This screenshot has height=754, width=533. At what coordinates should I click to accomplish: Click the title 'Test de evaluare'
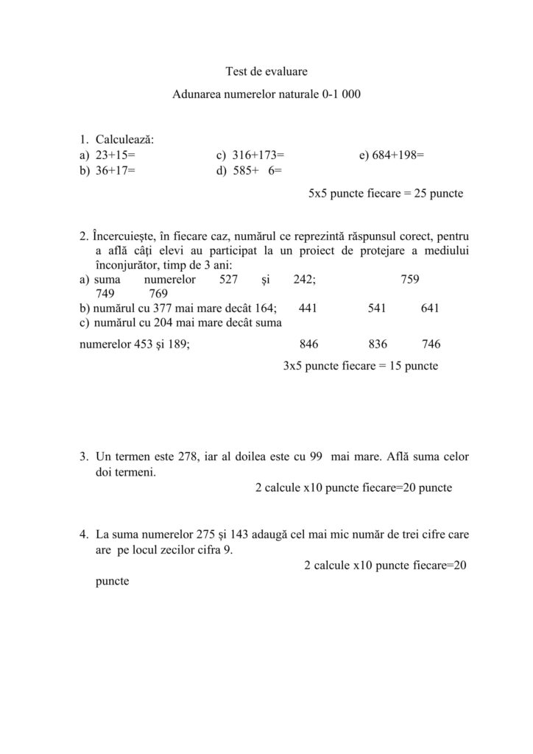click(x=266, y=71)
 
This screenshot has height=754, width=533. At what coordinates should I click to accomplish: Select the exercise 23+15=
click(x=116, y=155)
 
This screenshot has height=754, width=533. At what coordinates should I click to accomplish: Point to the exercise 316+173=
click(x=258, y=155)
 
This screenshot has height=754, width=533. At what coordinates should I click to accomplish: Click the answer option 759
click(x=410, y=280)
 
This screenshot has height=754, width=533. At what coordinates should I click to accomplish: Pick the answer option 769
click(x=158, y=294)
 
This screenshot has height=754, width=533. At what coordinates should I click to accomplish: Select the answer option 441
click(x=308, y=309)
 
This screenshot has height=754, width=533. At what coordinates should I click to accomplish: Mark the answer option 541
click(x=377, y=309)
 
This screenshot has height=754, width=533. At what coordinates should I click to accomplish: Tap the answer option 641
click(x=430, y=309)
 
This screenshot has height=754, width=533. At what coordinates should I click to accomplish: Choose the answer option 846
click(x=309, y=344)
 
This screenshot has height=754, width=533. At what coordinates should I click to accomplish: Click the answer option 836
click(x=378, y=344)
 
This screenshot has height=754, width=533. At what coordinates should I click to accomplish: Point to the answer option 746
click(x=431, y=344)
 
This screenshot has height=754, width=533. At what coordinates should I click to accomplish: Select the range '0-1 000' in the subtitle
click(x=341, y=95)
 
